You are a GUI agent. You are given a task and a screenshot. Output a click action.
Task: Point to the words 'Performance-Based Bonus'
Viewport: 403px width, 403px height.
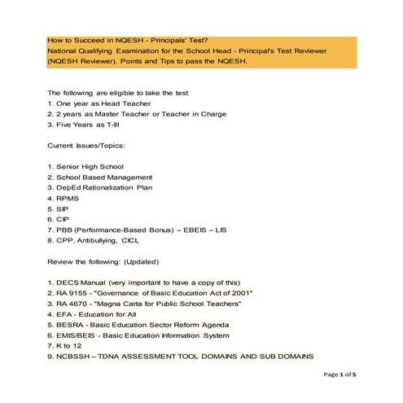coord(118,230)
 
